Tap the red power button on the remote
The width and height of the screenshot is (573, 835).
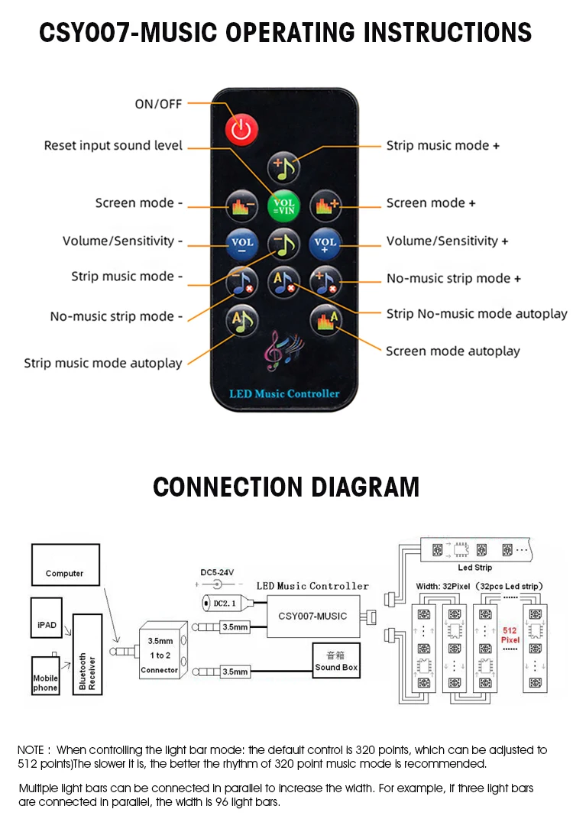tap(241, 129)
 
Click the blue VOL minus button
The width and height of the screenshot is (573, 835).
tap(241, 244)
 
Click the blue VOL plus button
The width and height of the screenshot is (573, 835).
tap(325, 244)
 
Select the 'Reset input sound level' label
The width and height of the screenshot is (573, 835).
tap(113, 145)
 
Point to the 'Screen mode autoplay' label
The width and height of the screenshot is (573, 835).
tap(452, 351)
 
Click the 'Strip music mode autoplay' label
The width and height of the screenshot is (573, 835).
tap(103, 364)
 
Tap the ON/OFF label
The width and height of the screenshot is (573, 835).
tap(158, 104)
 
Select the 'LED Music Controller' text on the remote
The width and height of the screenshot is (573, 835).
tap(284, 394)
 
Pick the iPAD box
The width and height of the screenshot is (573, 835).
tap(46, 624)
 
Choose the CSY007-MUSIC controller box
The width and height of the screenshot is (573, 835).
tap(312, 616)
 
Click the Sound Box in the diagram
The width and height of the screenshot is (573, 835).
tap(336, 662)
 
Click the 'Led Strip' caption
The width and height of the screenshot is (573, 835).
tap(474, 568)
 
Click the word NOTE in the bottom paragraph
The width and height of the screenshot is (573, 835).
tap(31, 750)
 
